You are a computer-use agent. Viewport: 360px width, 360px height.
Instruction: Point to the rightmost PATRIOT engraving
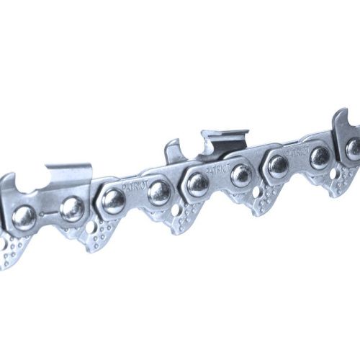click(x=296, y=152)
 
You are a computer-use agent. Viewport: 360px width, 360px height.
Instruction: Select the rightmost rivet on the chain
click(x=354, y=149)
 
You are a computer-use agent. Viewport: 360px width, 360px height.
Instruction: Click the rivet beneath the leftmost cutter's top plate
click(x=71, y=209)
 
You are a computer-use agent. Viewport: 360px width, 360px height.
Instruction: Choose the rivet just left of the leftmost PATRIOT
click(x=113, y=199)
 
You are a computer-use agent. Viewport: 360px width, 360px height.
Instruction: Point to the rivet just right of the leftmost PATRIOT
click(x=159, y=191)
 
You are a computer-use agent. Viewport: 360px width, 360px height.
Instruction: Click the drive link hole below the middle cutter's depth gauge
click(x=176, y=210)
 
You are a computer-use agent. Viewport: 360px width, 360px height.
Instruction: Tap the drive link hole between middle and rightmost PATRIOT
click(x=258, y=192)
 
